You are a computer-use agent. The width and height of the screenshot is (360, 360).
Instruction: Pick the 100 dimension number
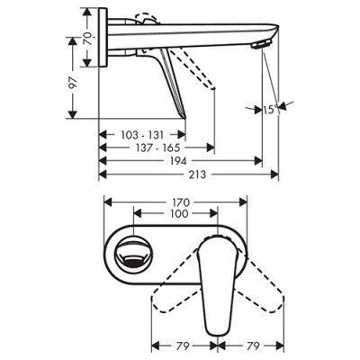pos(175,216)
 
